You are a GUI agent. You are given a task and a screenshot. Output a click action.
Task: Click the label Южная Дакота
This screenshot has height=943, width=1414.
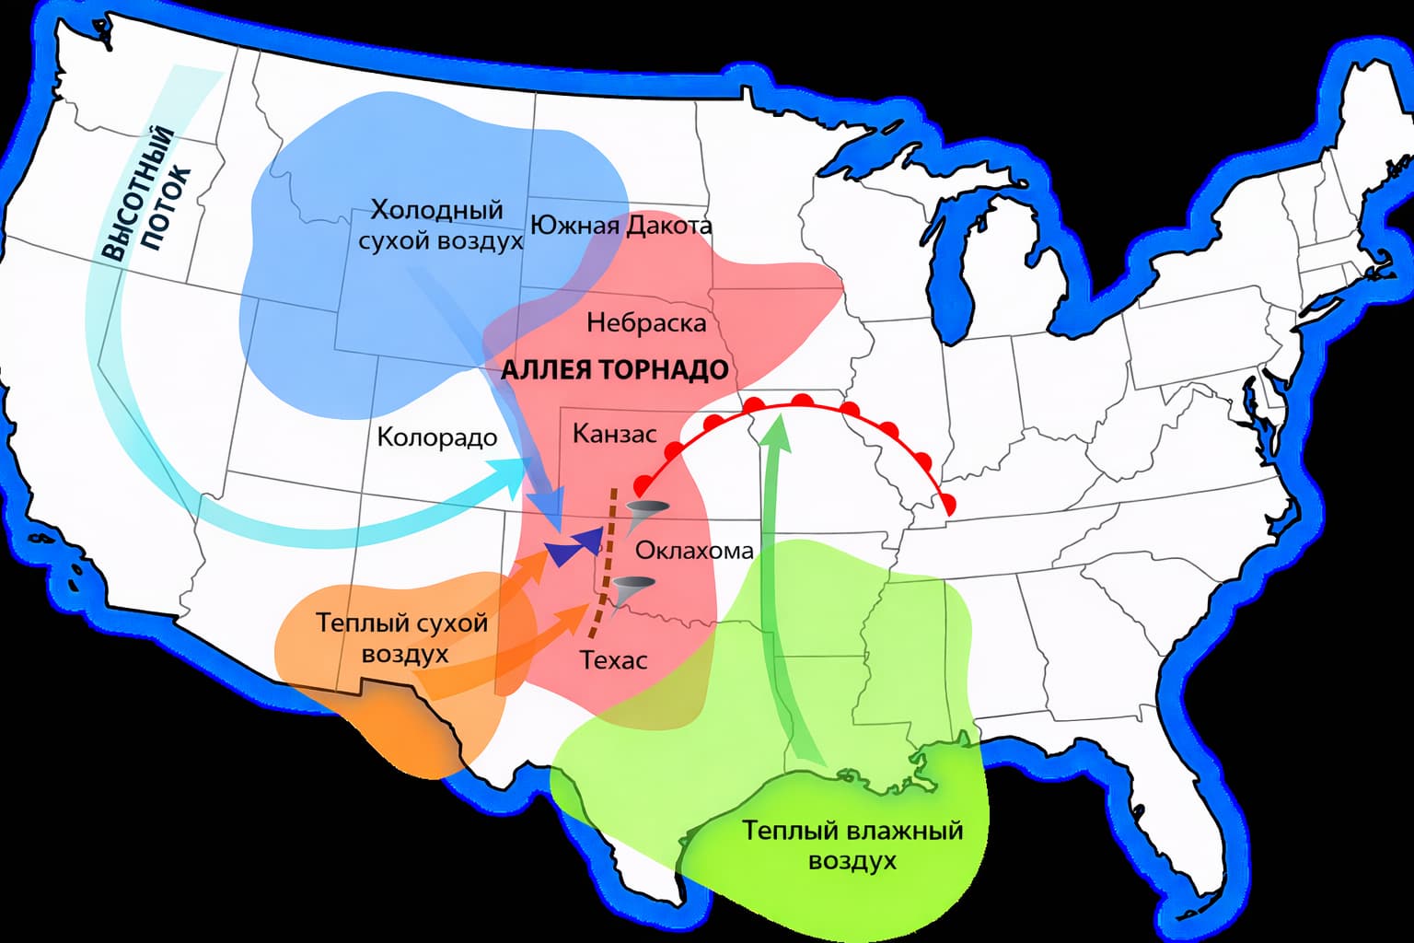(x=621, y=226)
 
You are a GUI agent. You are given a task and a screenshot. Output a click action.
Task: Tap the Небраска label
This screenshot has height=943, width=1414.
(x=646, y=323)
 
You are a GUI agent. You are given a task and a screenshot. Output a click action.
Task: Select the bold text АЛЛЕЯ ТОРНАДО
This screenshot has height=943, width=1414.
(x=614, y=370)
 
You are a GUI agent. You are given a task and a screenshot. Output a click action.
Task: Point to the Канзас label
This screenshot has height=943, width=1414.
(x=614, y=434)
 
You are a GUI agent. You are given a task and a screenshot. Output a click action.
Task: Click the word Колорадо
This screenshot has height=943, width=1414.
(x=437, y=437)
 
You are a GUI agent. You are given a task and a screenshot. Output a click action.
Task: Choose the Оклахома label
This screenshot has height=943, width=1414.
(x=694, y=551)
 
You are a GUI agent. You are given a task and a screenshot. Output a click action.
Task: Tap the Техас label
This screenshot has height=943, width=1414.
(x=613, y=659)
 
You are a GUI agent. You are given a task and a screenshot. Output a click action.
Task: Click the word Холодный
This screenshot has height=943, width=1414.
(x=436, y=210)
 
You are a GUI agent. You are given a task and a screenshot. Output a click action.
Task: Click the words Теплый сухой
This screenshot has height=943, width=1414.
(x=401, y=623)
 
